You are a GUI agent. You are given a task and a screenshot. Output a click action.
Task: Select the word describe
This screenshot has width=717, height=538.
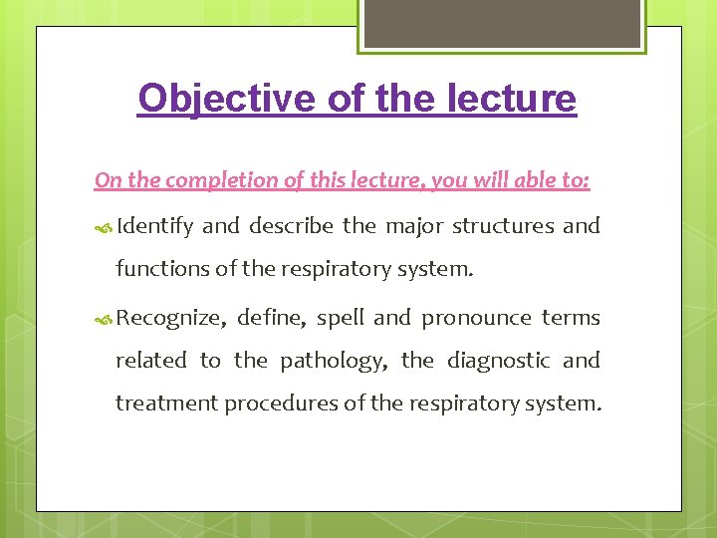coord(292,226)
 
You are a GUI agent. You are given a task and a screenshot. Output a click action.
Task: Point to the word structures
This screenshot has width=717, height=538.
coord(503,226)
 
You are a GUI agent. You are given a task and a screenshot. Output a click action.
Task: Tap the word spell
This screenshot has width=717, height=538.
coord(340,318)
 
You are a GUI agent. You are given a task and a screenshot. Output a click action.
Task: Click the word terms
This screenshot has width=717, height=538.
coord(571,318)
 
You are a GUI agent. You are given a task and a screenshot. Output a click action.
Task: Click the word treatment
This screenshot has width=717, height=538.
coord(167,403)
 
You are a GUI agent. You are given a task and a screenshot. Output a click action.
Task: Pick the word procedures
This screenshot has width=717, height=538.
coord(274,403)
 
